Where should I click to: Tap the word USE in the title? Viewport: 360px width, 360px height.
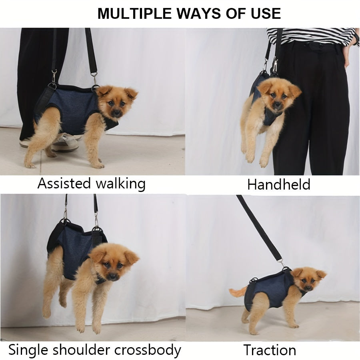pyautogui.click(x=265, y=13)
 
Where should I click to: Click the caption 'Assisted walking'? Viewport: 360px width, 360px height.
pyautogui.click(x=91, y=184)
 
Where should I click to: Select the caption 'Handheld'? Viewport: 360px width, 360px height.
pyautogui.click(x=278, y=184)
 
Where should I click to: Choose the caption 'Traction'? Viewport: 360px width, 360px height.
pyautogui.click(x=270, y=350)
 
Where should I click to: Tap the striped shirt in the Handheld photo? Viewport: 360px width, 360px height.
pyautogui.click(x=312, y=35)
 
